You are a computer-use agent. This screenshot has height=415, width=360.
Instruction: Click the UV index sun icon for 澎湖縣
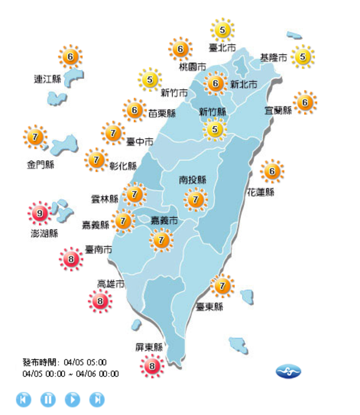(39, 213)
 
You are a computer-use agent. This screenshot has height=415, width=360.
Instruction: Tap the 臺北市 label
(222, 48)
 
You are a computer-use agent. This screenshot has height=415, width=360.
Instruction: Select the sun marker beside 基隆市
(303, 56)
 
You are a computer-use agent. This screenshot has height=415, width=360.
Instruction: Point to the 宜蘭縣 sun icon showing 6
(305, 102)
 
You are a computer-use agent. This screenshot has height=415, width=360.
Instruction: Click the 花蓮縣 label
(260, 192)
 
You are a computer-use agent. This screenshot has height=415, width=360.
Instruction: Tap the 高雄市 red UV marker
(100, 302)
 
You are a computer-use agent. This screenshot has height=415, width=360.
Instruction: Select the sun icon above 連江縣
(70, 56)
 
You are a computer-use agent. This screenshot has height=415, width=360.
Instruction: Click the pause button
(48, 399)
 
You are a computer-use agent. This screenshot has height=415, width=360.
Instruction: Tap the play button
(73, 399)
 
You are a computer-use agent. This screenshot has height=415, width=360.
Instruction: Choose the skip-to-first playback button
(23, 399)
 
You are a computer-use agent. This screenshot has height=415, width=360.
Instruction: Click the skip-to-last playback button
(97, 399)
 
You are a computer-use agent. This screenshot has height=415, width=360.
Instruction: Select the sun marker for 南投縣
(196, 200)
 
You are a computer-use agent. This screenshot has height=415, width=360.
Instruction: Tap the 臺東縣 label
(209, 307)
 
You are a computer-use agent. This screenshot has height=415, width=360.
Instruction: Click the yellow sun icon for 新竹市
(150, 80)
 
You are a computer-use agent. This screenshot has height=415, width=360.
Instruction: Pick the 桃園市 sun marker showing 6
(180, 49)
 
